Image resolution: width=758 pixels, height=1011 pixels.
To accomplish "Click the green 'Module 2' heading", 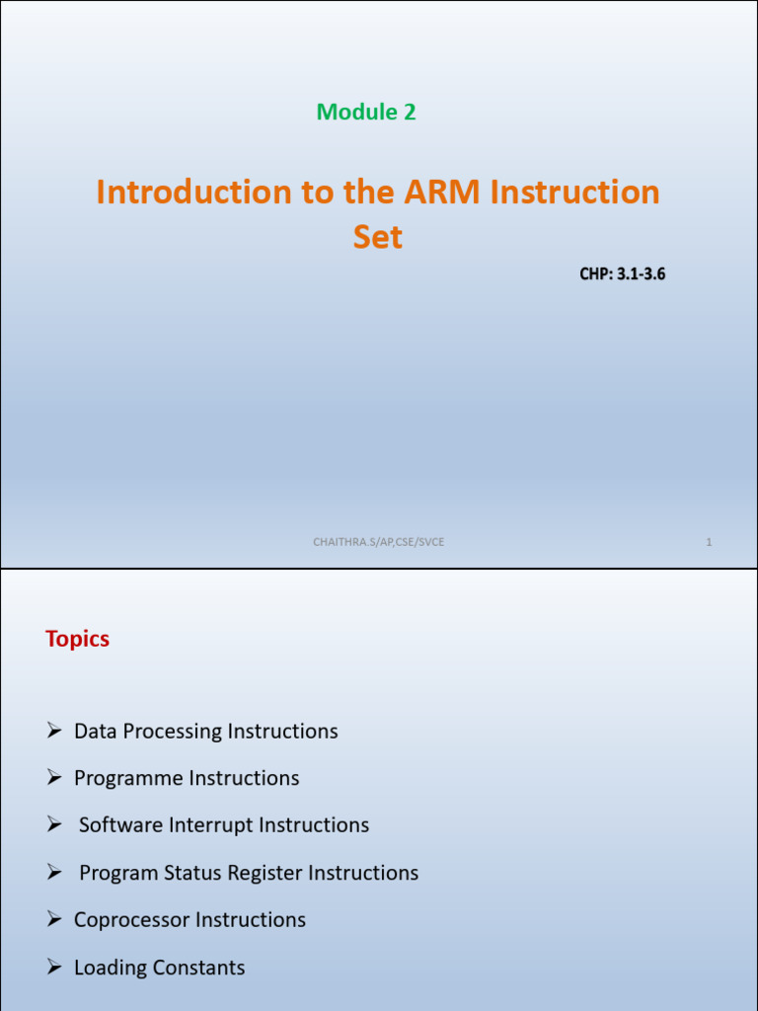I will pyautogui.click(x=366, y=113).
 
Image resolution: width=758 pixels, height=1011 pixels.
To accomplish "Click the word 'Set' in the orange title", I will pyautogui.click(x=378, y=237).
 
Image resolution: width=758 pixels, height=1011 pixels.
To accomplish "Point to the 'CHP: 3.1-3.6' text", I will pyautogui.click(x=622, y=273).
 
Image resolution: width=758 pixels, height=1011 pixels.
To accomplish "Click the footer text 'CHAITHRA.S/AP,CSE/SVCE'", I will pyautogui.click(x=378, y=541).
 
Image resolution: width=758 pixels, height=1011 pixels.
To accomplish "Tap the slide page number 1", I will pyautogui.click(x=709, y=542).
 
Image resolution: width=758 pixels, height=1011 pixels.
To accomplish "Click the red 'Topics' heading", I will pyautogui.click(x=77, y=639).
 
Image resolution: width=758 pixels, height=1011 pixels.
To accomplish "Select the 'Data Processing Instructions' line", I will pyautogui.click(x=205, y=732).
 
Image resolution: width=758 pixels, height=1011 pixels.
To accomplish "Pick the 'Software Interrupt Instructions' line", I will pyautogui.click(x=224, y=825).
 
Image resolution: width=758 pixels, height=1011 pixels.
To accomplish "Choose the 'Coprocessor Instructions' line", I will pyautogui.click(x=189, y=920).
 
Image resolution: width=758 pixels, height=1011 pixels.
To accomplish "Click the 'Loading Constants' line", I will pyautogui.click(x=159, y=968).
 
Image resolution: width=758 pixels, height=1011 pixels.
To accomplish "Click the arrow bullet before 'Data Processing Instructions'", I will pyautogui.click(x=55, y=732).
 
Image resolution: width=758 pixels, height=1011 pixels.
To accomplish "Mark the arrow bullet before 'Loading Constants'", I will pyautogui.click(x=55, y=968).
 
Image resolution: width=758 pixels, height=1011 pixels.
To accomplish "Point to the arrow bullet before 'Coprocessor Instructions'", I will pyautogui.click(x=55, y=920).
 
